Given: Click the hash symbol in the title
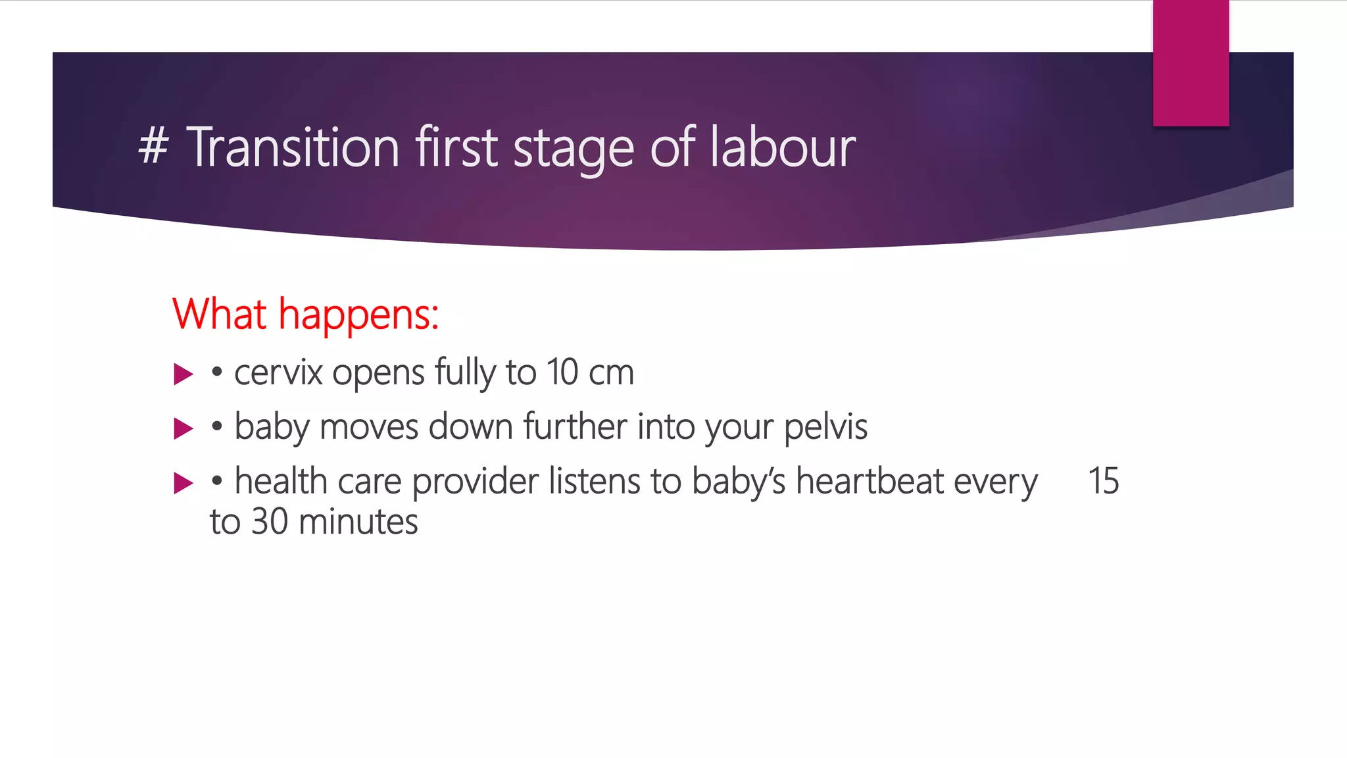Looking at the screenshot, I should point(153,147).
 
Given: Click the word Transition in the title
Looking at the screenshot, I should point(293,147).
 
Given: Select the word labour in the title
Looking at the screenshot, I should point(783,147).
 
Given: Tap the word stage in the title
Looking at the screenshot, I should point(573,150).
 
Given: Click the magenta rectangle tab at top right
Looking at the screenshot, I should point(1190,64).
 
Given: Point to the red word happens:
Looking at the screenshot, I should point(358,316).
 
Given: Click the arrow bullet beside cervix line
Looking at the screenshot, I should point(183,374).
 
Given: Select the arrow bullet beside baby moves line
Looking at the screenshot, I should point(183,428).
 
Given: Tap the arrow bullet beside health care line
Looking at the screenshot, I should point(183,483).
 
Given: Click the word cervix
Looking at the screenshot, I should point(278,373).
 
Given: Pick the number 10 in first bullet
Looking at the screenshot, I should point(562,372).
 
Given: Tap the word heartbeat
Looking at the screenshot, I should point(870,481).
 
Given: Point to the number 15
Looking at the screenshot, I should point(1103,481).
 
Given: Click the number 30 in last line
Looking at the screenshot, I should point(270,522).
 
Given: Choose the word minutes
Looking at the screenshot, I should point(358,522).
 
